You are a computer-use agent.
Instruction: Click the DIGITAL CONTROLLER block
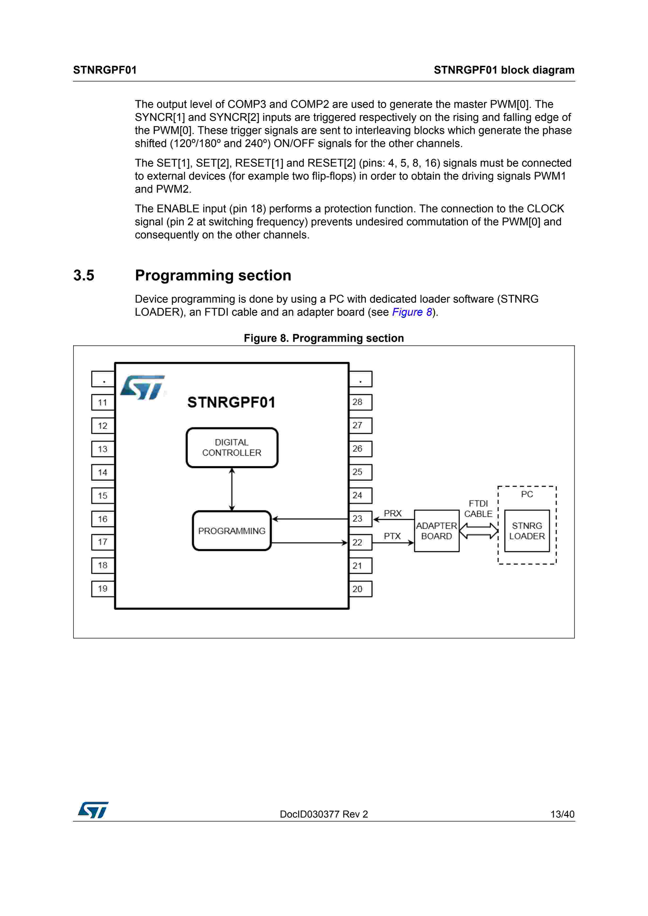click(x=232, y=447)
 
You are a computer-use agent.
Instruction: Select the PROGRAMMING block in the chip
click(x=232, y=531)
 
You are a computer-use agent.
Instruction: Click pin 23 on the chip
click(x=360, y=519)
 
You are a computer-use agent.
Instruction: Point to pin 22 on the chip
click(x=360, y=542)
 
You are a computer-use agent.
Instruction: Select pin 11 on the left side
click(x=103, y=402)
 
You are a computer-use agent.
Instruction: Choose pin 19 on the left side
click(x=103, y=589)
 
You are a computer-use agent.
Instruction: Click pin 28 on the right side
click(x=360, y=402)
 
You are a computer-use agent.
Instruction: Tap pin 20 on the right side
click(x=360, y=589)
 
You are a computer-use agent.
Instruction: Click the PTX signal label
click(x=392, y=536)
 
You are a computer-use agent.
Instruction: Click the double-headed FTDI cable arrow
click(x=478, y=531)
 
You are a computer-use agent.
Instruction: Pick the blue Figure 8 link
click(x=412, y=312)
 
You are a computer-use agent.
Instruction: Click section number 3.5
click(x=84, y=275)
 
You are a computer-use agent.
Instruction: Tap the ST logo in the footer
click(x=93, y=810)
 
